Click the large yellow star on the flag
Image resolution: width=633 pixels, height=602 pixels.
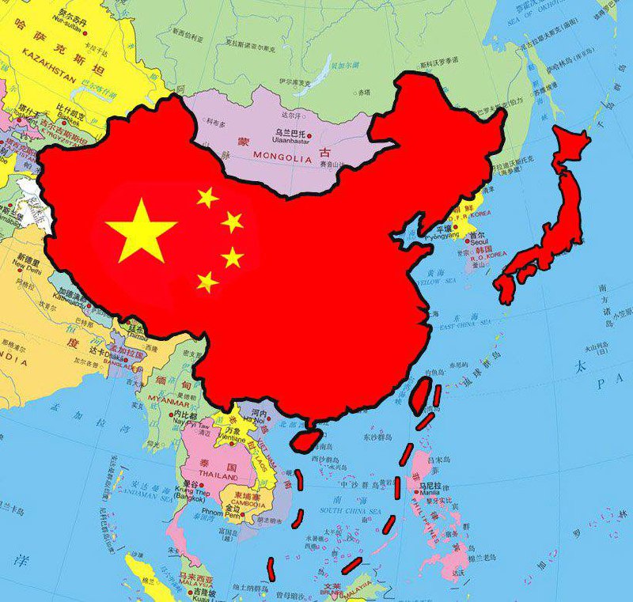point(141,230)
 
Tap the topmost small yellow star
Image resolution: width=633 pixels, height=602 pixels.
point(207,196)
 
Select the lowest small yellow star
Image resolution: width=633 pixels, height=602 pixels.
point(207,281)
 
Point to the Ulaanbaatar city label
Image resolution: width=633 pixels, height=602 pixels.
point(290,142)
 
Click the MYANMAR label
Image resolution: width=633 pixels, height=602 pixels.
point(166,399)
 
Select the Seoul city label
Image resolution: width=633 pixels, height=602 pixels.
point(477,244)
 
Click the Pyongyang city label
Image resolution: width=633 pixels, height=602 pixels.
point(441,237)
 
